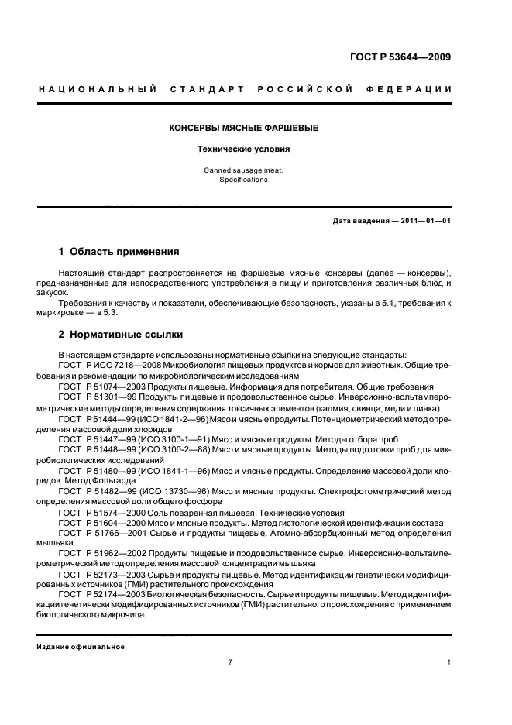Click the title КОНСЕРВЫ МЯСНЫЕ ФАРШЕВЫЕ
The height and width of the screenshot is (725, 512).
coord(244,127)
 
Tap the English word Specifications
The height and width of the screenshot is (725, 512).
coord(243,179)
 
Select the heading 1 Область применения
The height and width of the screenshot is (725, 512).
coord(119,252)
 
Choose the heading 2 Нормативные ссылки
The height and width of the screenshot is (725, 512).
coord(122,335)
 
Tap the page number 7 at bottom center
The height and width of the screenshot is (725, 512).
coord(230,662)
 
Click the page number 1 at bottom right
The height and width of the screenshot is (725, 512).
coord(450,662)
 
